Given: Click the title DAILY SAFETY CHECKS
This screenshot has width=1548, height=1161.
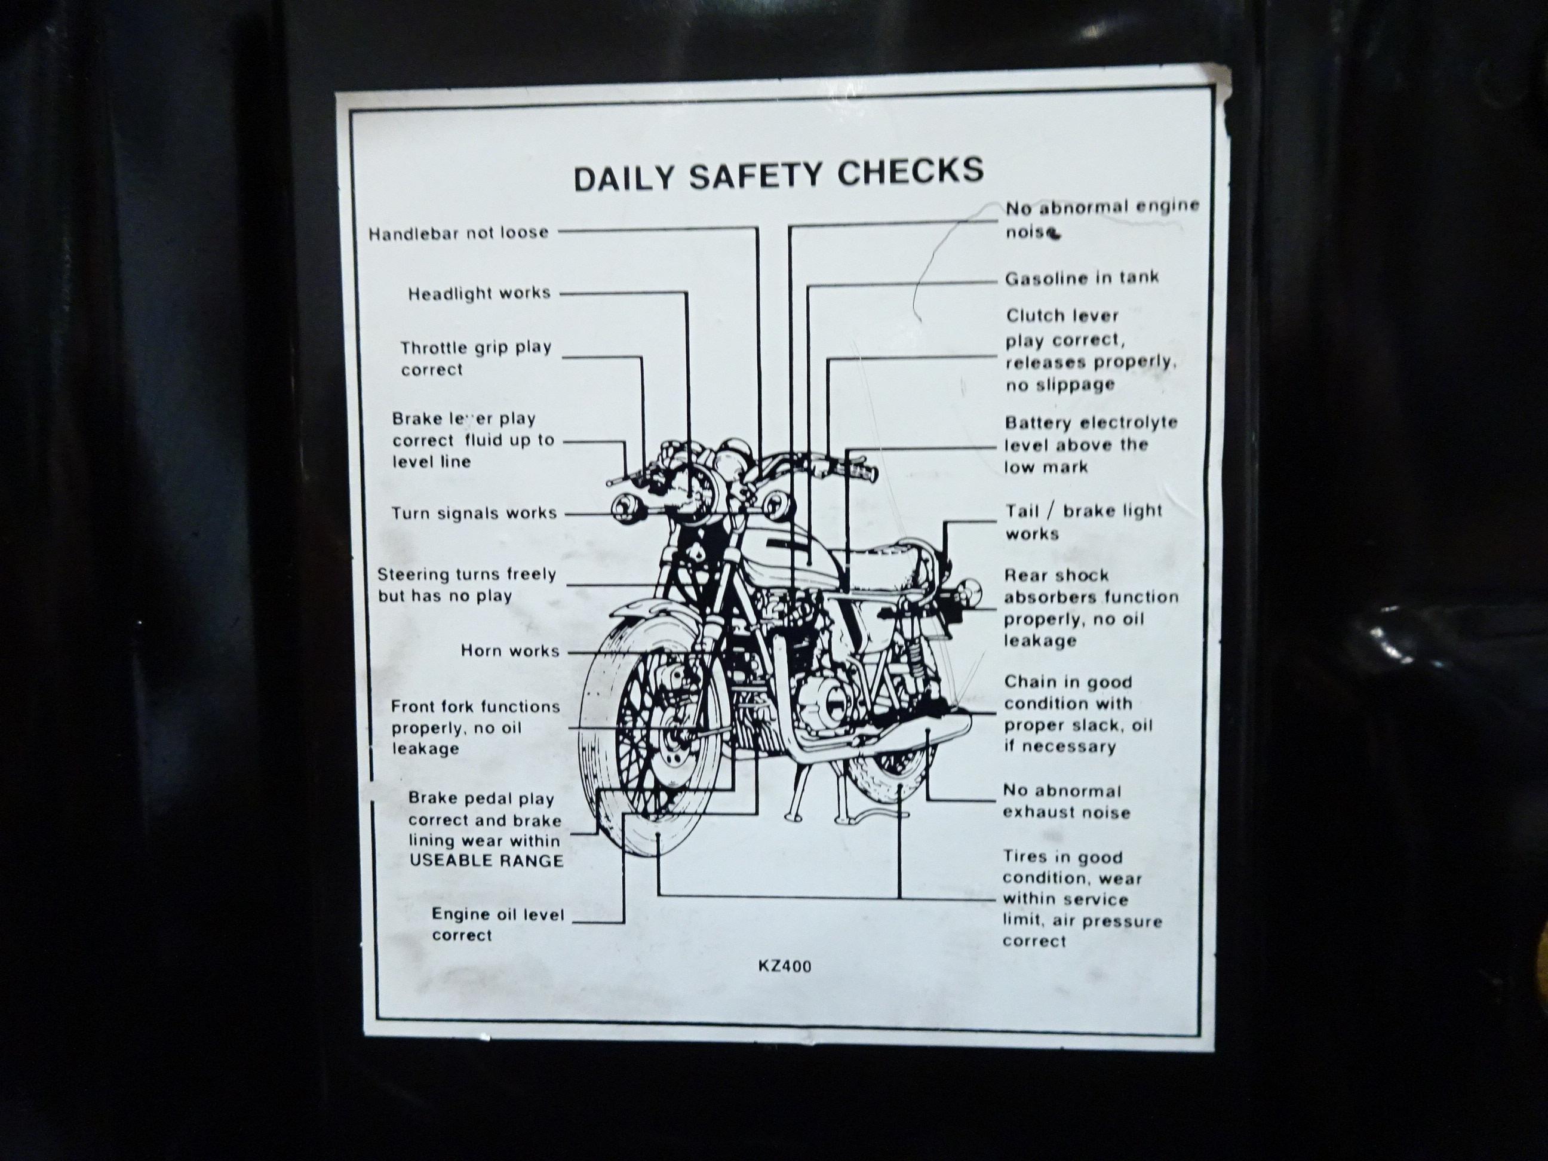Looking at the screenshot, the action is [778, 174].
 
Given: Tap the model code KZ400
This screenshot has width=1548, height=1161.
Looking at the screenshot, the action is [785, 966].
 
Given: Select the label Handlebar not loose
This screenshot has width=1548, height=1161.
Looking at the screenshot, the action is [459, 233].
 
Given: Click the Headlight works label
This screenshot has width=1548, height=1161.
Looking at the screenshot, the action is [480, 293].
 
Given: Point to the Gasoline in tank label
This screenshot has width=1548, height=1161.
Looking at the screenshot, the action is [1082, 278].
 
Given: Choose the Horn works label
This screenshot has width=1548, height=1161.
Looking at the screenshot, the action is [510, 651].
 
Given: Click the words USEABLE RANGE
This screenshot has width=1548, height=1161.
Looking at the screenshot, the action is [486, 860].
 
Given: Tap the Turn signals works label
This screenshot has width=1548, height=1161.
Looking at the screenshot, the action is [474, 513].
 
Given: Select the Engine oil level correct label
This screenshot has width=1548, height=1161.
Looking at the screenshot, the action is [497, 924].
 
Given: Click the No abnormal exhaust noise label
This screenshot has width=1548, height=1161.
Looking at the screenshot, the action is [1067, 801].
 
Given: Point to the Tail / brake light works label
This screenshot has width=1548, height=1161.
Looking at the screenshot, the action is [1084, 522].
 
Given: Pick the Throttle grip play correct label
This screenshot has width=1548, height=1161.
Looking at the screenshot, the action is [476, 358].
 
